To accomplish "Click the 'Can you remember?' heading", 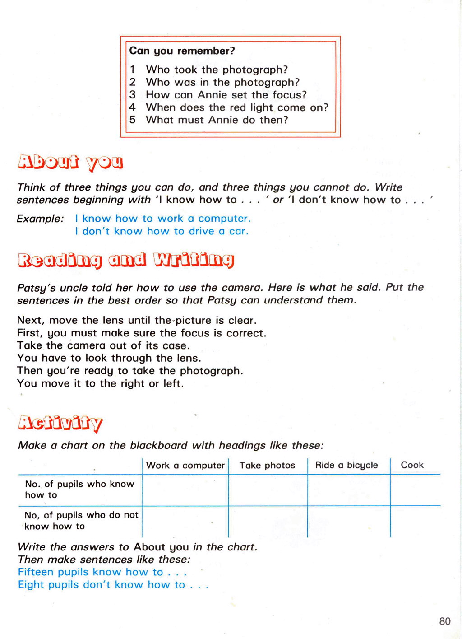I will coord(182,51).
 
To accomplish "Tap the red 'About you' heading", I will coord(70,163).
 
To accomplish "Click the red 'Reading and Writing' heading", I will coord(126,260).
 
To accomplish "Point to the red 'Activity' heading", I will coord(60,423).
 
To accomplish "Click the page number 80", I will coord(444,621).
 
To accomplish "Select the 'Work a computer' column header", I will coord(185,466).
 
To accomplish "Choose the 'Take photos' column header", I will coord(267,466).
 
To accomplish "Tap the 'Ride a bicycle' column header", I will coord(346,466).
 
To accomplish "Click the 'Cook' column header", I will coord(412,465).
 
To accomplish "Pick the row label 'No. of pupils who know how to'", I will coord(79,490).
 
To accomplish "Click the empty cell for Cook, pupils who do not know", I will coord(415,522).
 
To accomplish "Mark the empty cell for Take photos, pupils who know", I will coord(268,490).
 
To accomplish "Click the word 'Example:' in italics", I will coord(40,219).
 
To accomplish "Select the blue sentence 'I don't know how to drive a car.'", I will coord(162,231).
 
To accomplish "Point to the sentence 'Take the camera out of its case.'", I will coord(103,346).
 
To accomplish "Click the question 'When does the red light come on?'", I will coord(237,107).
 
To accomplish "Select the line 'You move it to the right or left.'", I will coord(100,384).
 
